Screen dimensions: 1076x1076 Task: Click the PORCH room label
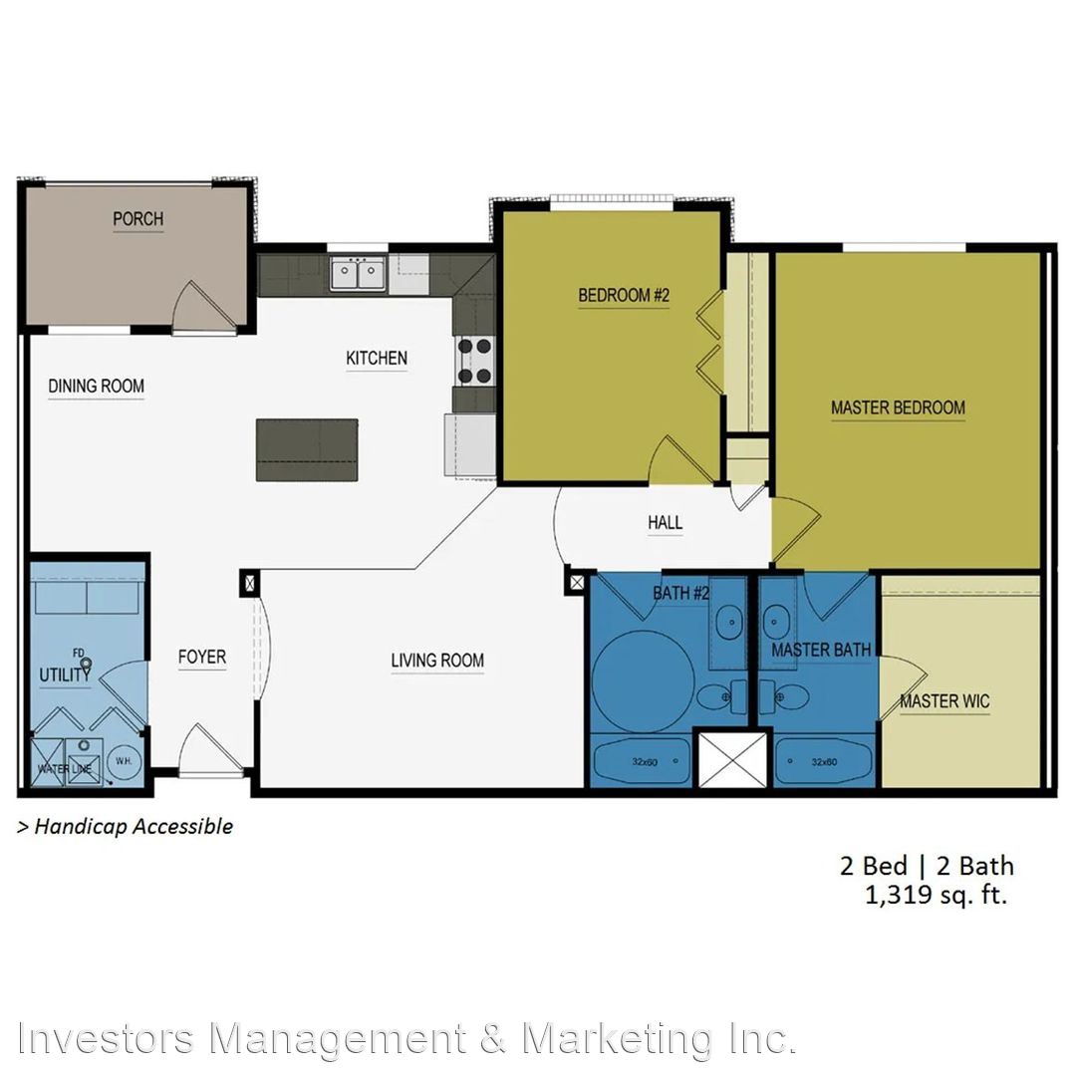(137, 219)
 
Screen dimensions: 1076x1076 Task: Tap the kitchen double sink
(358, 274)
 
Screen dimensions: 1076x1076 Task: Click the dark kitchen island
(307, 450)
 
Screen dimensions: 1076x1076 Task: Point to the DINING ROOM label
(96, 387)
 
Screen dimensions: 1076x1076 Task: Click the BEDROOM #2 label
(624, 296)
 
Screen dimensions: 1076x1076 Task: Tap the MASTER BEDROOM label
(899, 407)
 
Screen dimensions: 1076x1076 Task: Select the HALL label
(665, 523)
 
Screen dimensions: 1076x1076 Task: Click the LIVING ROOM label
(437, 661)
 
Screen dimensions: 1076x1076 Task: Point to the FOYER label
(201, 658)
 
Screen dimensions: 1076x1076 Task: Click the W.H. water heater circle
(125, 762)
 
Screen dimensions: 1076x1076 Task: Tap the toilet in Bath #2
(721, 697)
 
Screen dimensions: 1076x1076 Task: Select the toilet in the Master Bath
(784, 697)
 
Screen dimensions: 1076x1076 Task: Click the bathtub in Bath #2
(642, 762)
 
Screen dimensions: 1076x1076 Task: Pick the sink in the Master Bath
(776, 623)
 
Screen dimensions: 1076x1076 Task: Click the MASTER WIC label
(944, 701)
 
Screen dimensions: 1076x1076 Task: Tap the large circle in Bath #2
(643, 682)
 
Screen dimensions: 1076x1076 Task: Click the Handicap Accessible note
(126, 827)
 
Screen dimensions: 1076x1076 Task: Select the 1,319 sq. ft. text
(936, 896)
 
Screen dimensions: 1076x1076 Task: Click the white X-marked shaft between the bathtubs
(733, 760)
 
